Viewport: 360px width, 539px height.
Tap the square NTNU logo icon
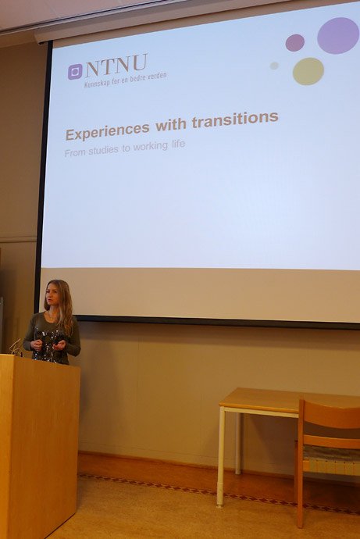75,72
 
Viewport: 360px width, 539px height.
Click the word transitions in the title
235,120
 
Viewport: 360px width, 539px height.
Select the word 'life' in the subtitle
178,144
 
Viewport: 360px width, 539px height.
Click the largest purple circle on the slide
338,35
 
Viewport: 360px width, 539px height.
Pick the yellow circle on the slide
308,71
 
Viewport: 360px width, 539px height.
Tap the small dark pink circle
295,43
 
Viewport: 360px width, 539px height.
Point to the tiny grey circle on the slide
274,66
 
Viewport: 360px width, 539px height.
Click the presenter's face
53,296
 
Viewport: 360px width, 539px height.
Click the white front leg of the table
221,456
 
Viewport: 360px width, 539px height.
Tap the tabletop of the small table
289,399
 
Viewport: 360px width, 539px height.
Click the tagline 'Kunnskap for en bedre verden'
126,80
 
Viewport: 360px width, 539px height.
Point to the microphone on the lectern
15,347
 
